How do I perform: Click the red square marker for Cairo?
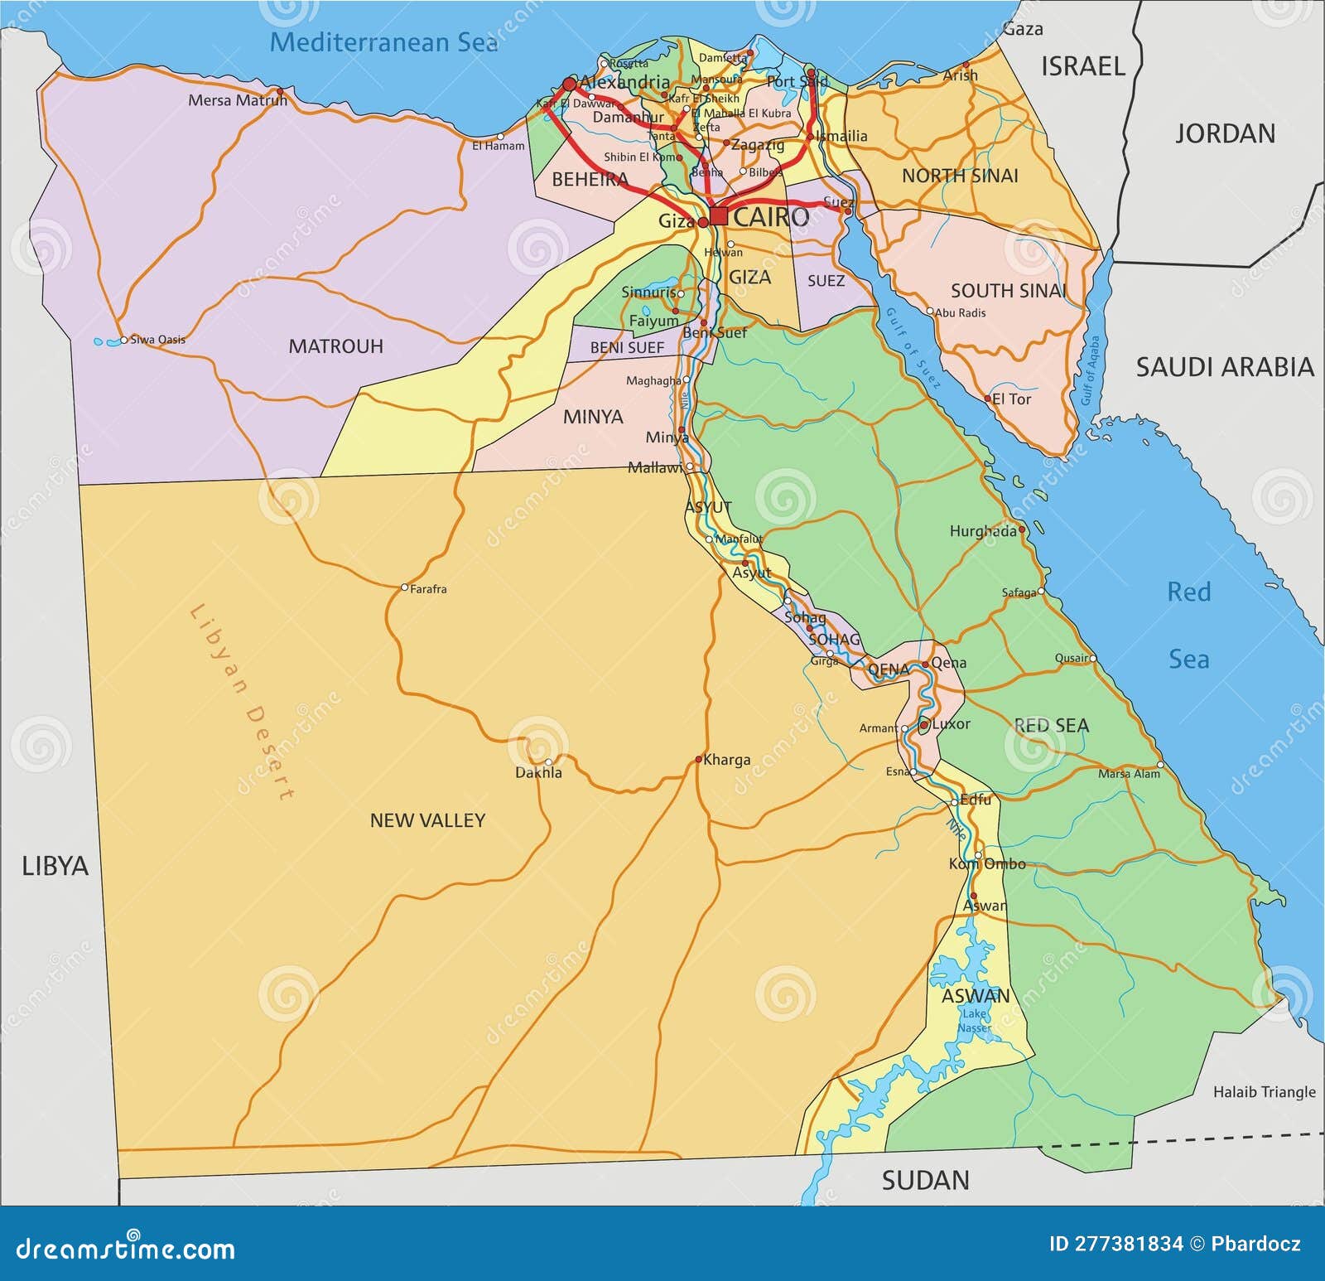(719, 216)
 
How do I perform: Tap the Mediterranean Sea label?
(383, 42)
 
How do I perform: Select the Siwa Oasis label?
(157, 340)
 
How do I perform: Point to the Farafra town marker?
(404, 587)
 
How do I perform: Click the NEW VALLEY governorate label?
(427, 820)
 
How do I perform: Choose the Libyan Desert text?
(242, 701)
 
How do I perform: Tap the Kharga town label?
(726, 760)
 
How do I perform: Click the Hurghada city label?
(982, 531)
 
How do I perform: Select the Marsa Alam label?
(1129, 774)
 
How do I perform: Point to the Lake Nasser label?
(974, 1021)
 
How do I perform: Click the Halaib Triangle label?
(1264, 1092)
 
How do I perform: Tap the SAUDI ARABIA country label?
(1224, 367)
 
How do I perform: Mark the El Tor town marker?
(987, 399)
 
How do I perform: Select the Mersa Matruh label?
(237, 100)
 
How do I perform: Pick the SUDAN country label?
(925, 1180)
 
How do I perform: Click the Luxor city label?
(951, 723)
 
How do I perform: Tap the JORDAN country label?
(1225, 133)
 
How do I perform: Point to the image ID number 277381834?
(1115, 1244)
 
